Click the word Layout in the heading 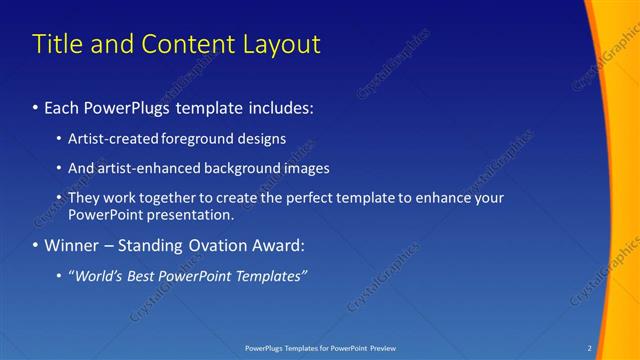click(x=281, y=44)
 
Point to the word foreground click(x=197, y=139)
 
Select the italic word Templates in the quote click(x=271, y=276)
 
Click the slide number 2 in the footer click(x=590, y=348)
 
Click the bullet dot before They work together click(x=59, y=199)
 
